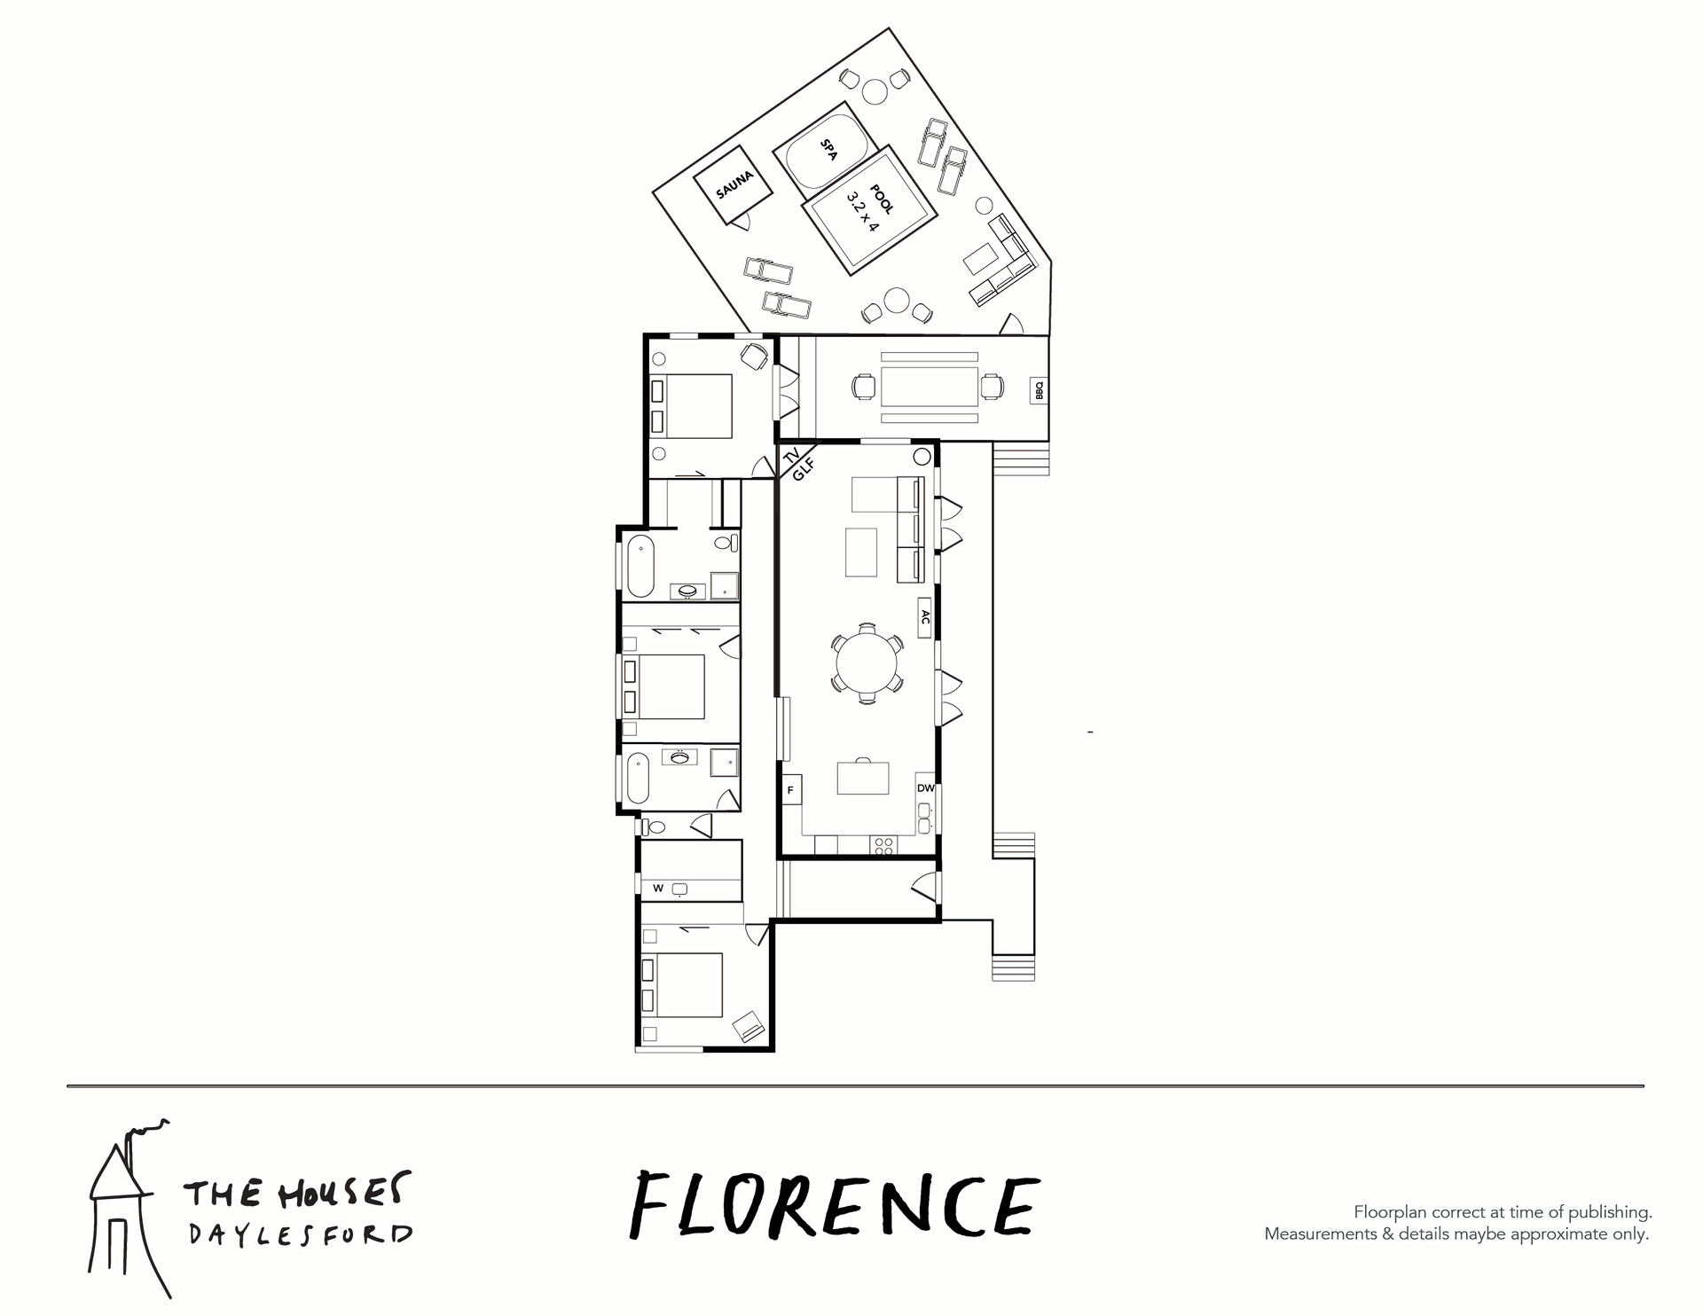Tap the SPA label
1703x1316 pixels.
pos(828,150)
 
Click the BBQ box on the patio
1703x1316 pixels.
pos(1040,390)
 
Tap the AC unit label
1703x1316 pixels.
pos(924,617)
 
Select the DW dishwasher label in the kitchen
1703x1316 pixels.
pos(925,788)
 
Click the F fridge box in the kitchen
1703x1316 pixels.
pos(791,789)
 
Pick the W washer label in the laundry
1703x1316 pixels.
pos(658,888)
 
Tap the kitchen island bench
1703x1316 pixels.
pos(863,778)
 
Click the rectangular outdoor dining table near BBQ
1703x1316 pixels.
pos(930,387)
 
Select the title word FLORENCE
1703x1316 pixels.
pos(834,1206)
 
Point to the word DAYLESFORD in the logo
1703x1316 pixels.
pos(300,1235)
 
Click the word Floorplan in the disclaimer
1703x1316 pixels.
pos(1390,1212)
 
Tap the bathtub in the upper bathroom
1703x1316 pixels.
pos(640,565)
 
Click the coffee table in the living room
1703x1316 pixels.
pos(860,552)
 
